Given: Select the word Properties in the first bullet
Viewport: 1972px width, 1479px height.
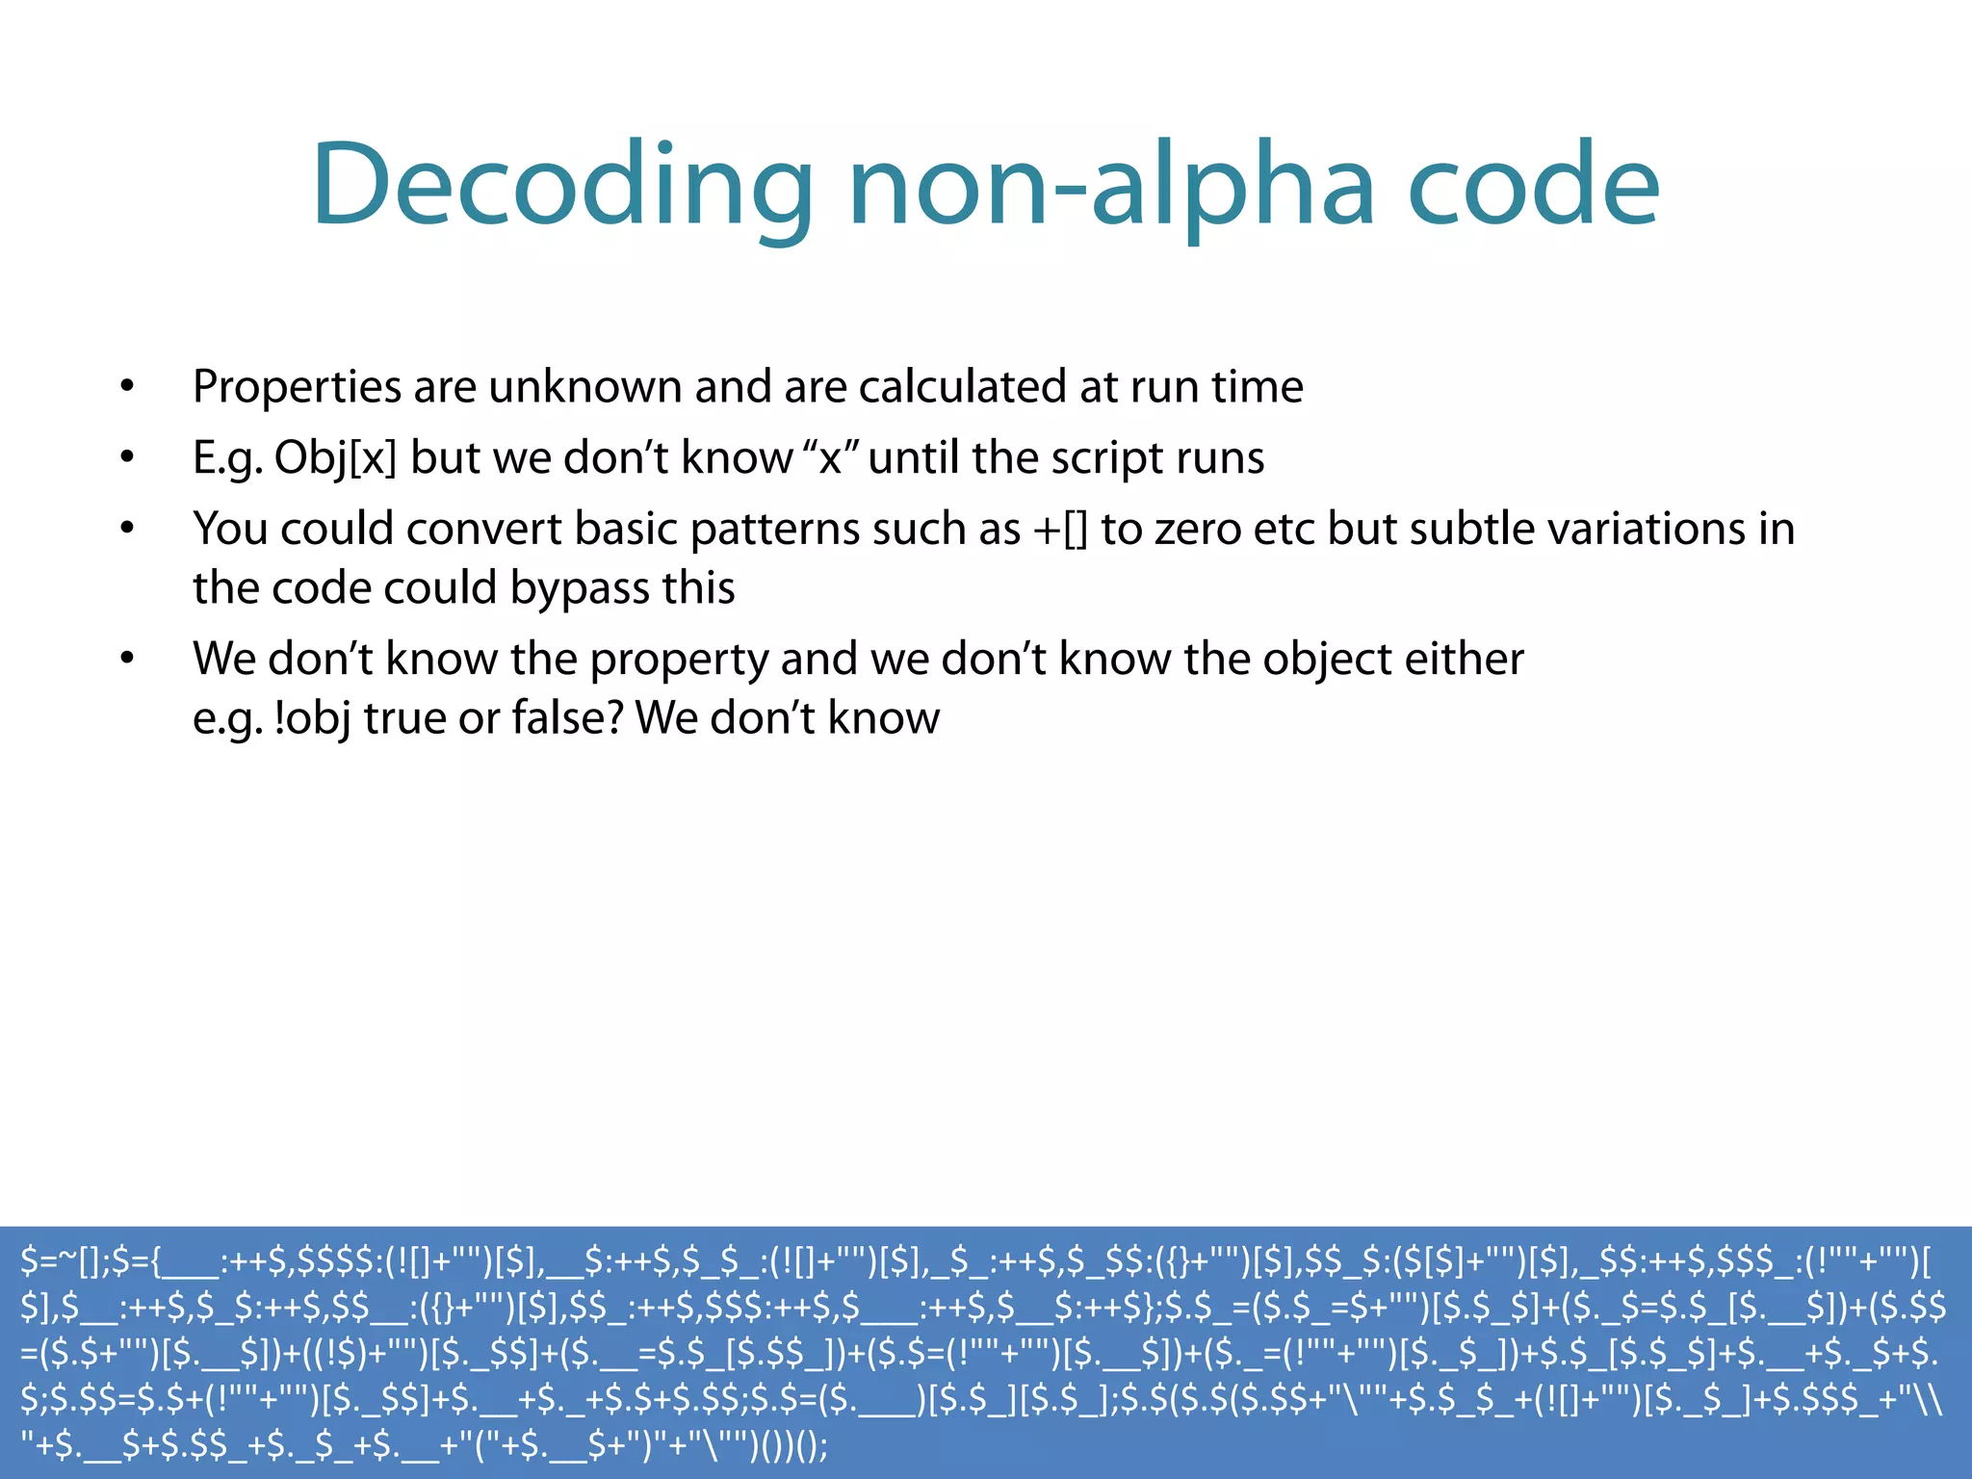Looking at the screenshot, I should coord(297,387).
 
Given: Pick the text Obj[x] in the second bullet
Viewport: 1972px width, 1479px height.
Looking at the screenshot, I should coord(335,458).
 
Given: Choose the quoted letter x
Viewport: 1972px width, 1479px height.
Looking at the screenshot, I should coord(829,458).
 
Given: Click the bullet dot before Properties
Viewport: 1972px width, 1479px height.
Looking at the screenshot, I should coord(127,387).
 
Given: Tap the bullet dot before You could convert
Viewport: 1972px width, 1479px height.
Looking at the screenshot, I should coord(127,529).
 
